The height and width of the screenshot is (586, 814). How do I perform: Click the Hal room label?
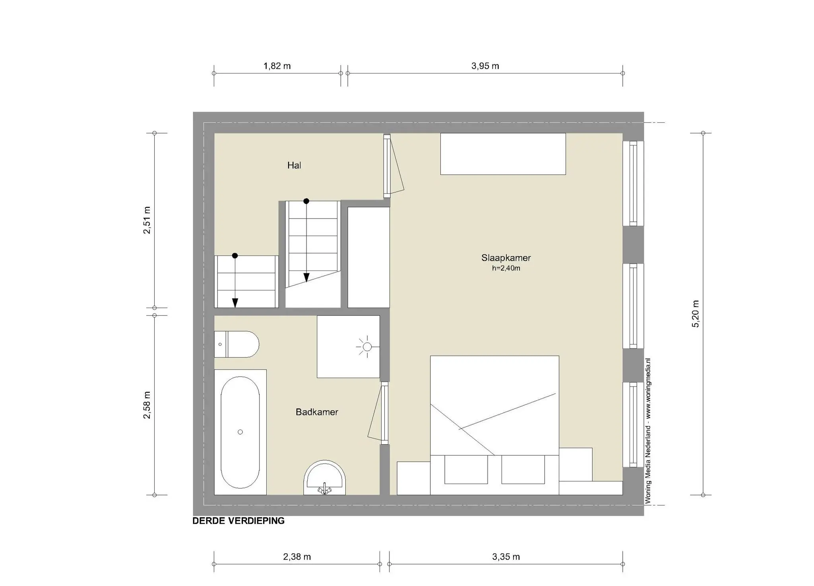coord(294,165)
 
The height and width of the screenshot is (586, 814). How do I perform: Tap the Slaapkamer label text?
coord(506,258)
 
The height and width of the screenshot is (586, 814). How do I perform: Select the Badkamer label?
coord(317,412)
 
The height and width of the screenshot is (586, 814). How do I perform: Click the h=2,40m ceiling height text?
coord(506,268)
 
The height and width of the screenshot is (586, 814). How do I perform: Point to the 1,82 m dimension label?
coord(277,66)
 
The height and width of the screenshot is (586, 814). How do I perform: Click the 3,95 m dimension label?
coord(485,66)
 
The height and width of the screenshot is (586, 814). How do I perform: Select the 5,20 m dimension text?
coord(695,314)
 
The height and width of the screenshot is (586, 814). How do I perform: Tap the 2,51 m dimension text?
coord(147,220)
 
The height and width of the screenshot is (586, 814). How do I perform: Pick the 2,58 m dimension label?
coord(147,405)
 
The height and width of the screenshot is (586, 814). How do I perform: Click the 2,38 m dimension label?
coord(297,557)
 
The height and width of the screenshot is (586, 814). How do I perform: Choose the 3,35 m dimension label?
coord(506,557)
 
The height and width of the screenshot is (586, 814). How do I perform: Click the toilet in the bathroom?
coord(236,344)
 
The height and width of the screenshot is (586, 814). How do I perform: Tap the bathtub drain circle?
coord(240,432)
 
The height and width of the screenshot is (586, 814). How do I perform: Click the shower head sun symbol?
coord(367,347)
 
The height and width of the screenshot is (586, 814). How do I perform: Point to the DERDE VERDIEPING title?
coord(238,521)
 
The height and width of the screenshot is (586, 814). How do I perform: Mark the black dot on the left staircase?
coord(235,255)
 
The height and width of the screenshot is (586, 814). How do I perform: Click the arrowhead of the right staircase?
coord(306,277)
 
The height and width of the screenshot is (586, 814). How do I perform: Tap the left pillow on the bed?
coord(466,470)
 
